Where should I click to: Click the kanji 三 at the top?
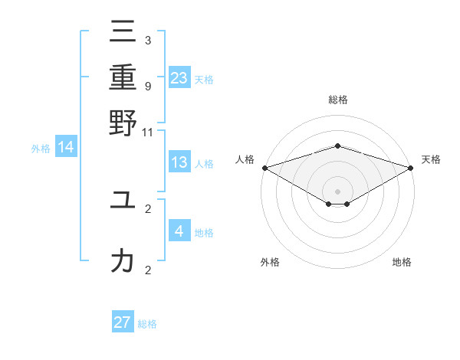[x=123, y=32]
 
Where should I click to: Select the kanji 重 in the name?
[x=123, y=77]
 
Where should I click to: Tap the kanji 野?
[x=123, y=123]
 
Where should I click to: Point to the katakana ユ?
[x=123, y=200]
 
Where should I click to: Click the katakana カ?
[x=123, y=261]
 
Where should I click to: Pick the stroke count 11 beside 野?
[x=148, y=132]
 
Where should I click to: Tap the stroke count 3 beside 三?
[x=148, y=40]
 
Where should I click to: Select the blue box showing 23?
[x=179, y=77]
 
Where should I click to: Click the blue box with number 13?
[x=179, y=162]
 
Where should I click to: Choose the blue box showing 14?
[x=66, y=148]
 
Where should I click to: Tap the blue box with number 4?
[x=179, y=231]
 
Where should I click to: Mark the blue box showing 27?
[x=123, y=322]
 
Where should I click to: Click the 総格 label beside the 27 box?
[x=147, y=324]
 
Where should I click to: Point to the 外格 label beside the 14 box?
[x=41, y=149]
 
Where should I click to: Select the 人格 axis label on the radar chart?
[x=245, y=159]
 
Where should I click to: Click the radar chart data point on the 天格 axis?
[x=412, y=168]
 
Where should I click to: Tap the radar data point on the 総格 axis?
[x=338, y=146]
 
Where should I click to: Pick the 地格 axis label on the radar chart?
[x=402, y=262]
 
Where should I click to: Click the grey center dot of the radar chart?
[x=338, y=191]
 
